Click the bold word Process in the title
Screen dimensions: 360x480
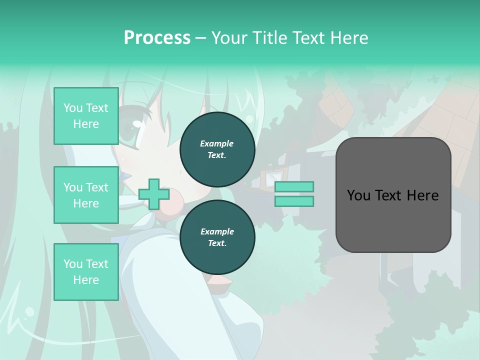(x=157, y=37)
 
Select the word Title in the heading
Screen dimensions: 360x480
(x=270, y=37)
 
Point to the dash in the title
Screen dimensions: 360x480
(x=201, y=38)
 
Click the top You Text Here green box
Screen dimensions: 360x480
(x=86, y=116)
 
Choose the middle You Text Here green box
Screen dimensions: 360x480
(x=86, y=195)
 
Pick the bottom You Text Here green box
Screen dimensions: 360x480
(x=86, y=271)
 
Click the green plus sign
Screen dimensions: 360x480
(x=153, y=194)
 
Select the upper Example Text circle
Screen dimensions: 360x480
(x=217, y=149)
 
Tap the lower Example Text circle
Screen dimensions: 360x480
(x=217, y=237)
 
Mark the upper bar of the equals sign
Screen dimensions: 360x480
(x=294, y=186)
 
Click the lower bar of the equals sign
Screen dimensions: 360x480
(x=294, y=201)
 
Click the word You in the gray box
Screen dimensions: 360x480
(x=358, y=195)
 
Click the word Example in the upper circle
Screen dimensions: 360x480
(x=217, y=143)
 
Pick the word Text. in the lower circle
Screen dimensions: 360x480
(x=217, y=243)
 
